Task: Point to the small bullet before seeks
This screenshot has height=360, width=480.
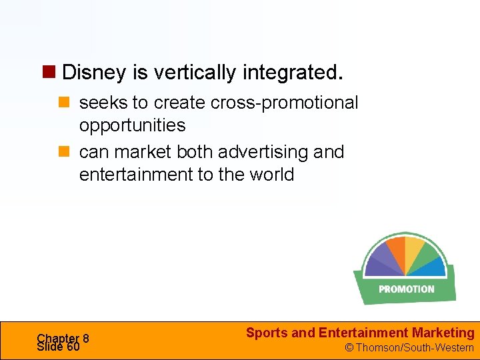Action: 65,103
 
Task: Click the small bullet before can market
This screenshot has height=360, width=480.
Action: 65,153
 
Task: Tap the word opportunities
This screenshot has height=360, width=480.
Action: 132,125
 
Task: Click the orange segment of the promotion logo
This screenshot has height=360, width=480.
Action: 396,251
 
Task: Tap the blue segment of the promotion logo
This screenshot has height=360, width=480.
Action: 435,268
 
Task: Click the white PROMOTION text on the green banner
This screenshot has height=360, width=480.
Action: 406,289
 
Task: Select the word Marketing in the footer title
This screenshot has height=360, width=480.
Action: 443,333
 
